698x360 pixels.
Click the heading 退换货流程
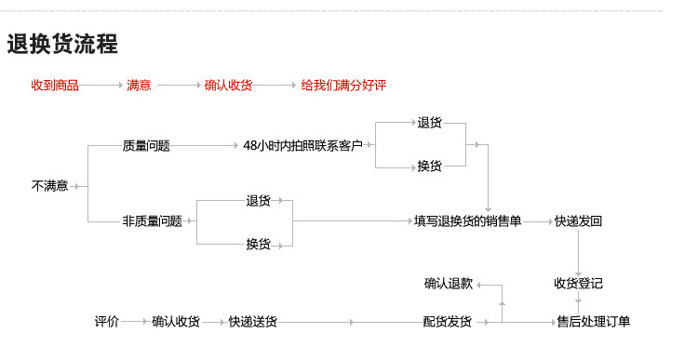62,44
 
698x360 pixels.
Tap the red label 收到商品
55,86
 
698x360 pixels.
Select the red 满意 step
139,86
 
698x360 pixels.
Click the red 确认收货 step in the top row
228,86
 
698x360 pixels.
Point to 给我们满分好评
343,86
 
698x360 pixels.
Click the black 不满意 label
49,186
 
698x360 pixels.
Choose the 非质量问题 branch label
152,221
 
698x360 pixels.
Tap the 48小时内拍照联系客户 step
302,146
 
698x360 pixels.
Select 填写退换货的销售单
467,221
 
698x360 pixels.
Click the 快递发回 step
578,221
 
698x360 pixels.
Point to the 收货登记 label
578,284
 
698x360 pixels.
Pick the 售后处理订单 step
593,322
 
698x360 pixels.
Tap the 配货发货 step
447,322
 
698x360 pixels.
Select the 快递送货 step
252,322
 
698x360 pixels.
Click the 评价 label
106,322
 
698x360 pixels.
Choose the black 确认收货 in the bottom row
176,322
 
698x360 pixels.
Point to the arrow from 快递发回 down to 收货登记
579,251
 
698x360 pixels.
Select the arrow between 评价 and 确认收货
136,322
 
